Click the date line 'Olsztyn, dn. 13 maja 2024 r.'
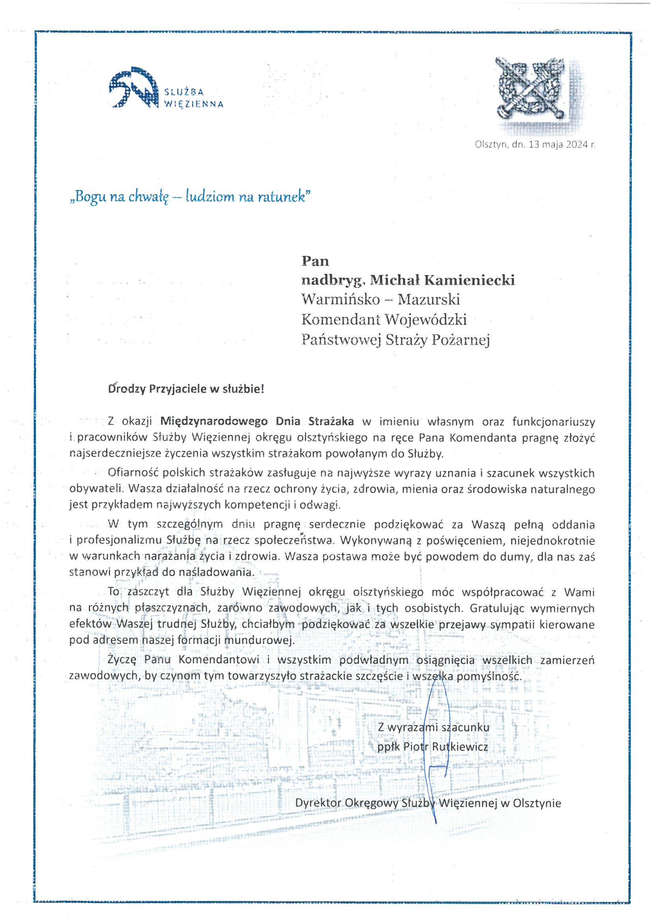pos(534,145)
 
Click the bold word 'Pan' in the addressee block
pos(316,261)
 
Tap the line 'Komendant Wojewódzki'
pos(384,320)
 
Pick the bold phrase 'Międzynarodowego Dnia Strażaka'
pos(257,422)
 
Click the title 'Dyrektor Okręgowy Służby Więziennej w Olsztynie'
pos(428,803)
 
